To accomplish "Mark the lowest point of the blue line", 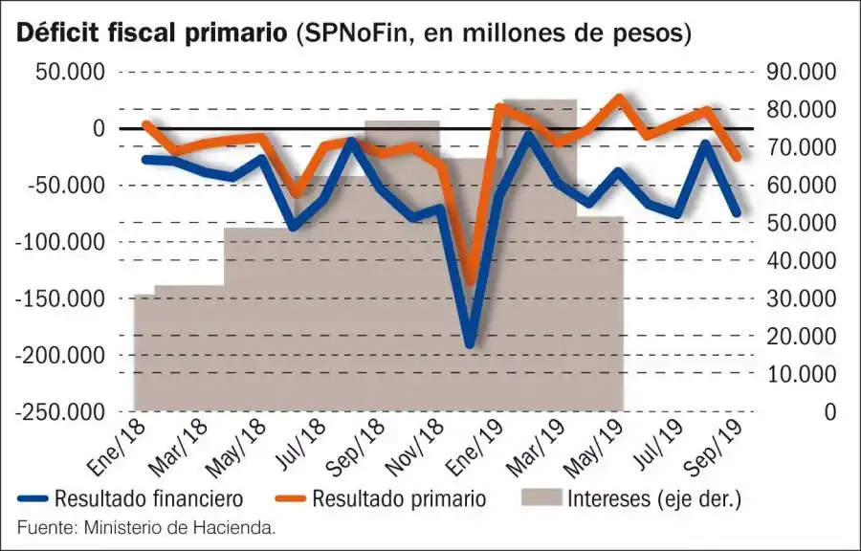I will coord(470,343).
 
